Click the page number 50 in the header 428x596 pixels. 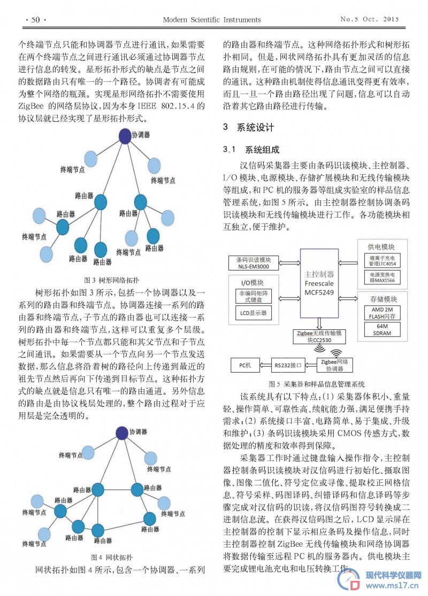[35, 20]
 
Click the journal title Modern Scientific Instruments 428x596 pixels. [211, 20]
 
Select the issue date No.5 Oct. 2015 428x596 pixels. [369, 19]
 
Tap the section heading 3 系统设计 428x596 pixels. [248, 127]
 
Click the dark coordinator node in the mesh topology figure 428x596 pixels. [122, 432]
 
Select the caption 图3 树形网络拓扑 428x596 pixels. [111, 280]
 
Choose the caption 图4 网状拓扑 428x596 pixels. [111, 557]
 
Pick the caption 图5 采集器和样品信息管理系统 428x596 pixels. [317, 384]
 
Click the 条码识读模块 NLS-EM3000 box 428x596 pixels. [254, 263]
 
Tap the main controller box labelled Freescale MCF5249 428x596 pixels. [319, 283]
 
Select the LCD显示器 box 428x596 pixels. [254, 313]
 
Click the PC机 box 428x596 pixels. [245, 365]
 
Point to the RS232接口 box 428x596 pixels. [288, 365]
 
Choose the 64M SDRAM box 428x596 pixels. [382, 330]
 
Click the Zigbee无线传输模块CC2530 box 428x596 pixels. [319, 336]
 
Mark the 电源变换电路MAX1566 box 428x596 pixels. [382, 277]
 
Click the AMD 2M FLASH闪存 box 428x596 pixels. [382, 313]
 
